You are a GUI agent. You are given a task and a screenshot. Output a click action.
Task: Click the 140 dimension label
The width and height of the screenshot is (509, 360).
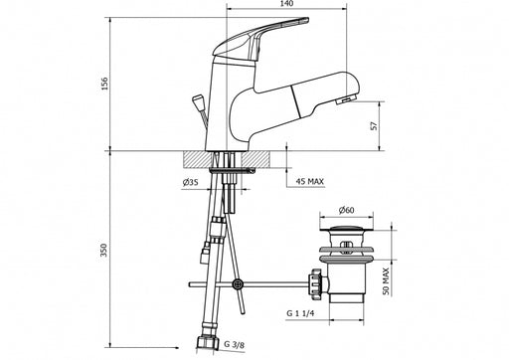(286, 4)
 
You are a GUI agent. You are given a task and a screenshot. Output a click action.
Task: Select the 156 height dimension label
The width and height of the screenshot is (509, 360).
(104, 84)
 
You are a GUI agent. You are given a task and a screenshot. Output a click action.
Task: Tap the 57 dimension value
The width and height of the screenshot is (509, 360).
(374, 126)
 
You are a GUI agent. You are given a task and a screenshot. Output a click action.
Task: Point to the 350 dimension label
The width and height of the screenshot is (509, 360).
(104, 251)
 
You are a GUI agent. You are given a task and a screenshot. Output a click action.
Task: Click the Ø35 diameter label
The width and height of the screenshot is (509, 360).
(190, 182)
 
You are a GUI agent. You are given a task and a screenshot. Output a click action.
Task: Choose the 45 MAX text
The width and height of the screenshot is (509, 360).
(309, 181)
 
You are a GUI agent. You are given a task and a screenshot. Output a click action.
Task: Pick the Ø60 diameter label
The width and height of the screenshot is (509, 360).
(346, 210)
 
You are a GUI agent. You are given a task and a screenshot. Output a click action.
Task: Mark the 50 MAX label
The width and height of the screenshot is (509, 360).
(386, 281)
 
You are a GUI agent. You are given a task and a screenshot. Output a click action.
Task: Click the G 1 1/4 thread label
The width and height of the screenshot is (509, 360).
(300, 313)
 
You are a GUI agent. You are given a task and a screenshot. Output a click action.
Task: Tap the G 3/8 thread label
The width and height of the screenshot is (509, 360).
(234, 344)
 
